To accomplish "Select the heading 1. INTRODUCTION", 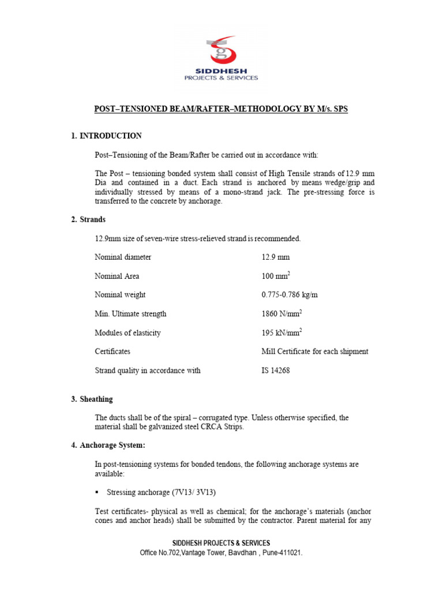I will (x=106, y=136).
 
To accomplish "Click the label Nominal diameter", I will (x=122, y=257).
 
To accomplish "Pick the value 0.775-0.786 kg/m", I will (x=290, y=294).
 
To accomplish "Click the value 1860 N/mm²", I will (x=281, y=313).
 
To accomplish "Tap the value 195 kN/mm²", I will (x=281, y=332).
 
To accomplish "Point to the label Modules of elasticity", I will (x=127, y=333).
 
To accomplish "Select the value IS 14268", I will (x=276, y=371).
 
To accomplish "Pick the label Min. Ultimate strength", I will (x=130, y=314).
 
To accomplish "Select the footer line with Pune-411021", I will (x=221, y=552).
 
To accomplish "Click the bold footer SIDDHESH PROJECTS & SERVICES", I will (x=221, y=543).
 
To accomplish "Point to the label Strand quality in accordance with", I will (x=148, y=371).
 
